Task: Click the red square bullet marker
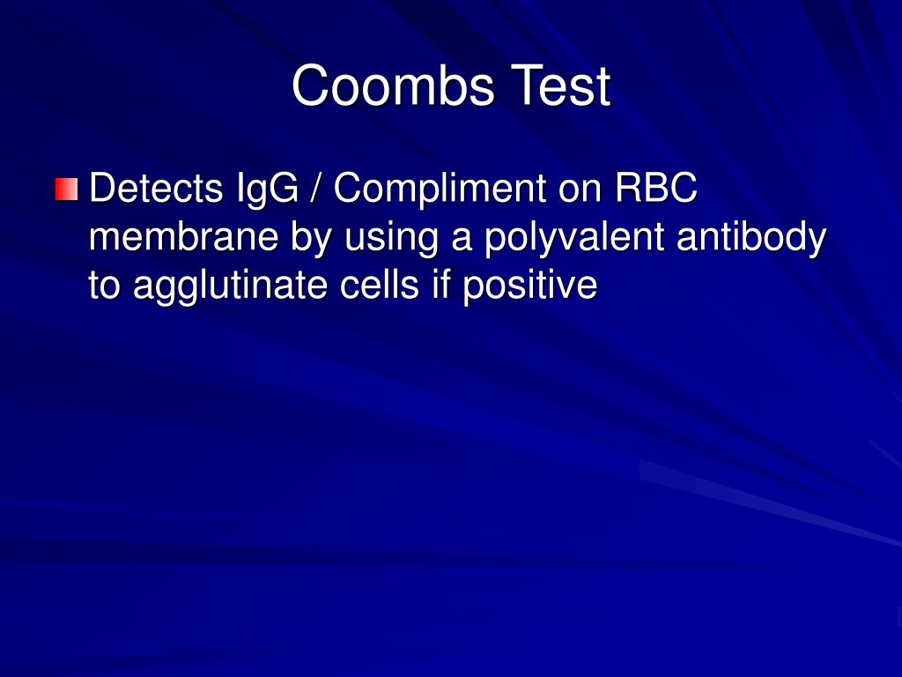pyautogui.click(x=66, y=189)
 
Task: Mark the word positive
pyautogui.click(x=530, y=286)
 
